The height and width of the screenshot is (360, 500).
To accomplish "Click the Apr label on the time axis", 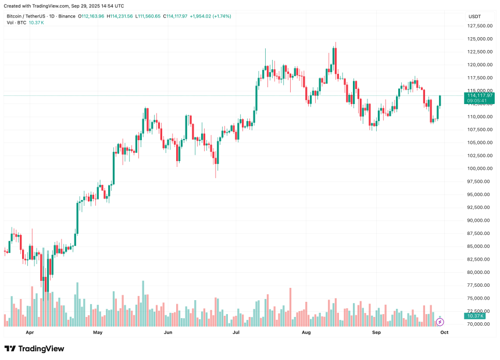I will [30, 333].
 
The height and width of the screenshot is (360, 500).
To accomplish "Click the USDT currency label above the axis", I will [475, 16].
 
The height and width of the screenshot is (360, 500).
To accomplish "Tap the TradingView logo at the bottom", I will [34, 349].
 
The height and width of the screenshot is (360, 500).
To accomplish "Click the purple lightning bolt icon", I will [440, 321].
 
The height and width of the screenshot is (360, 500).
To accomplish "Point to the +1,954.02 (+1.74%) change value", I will [210, 16].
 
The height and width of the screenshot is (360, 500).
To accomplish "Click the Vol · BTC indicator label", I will [17, 23].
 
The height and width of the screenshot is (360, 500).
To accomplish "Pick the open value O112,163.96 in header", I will [92, 16].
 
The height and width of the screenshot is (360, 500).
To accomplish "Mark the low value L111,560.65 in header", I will [148, 16].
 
